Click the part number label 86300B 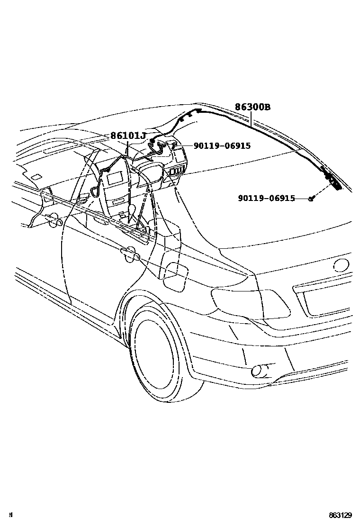(252, 108)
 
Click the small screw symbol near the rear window (311, 198)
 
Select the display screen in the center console (116, 179)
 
